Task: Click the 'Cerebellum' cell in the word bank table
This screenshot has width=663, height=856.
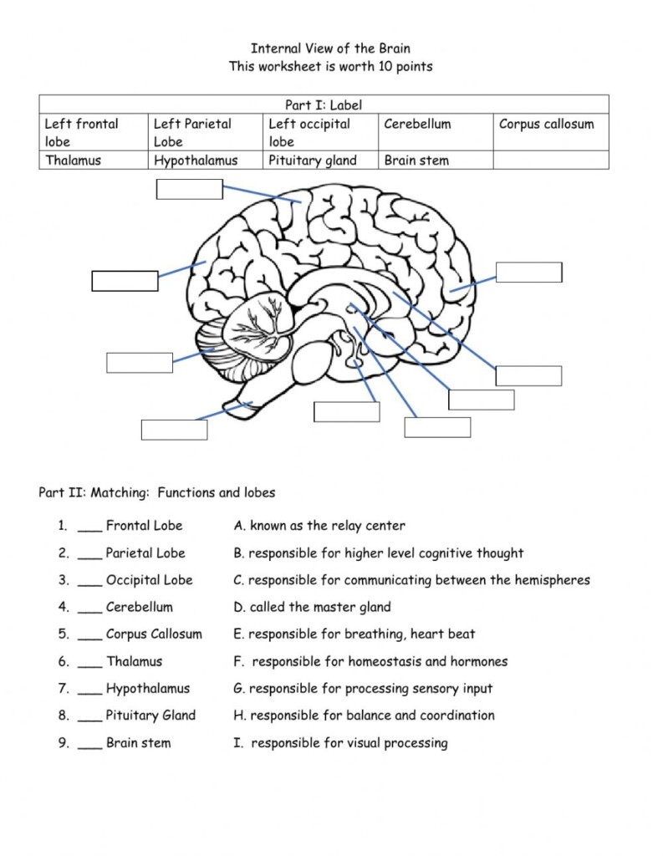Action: pos(417,125)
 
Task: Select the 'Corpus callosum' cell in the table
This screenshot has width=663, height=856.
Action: pos(546,125)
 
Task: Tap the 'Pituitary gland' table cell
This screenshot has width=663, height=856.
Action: pos(312,160)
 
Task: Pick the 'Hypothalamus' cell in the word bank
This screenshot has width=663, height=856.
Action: pos(196,160)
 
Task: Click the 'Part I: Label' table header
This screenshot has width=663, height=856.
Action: pos(324,105)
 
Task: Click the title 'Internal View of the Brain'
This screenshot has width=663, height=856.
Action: pos(330,48)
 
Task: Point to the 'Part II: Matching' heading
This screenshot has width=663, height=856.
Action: pos(157,492)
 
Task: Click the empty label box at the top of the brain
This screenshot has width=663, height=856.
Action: pos(190,190)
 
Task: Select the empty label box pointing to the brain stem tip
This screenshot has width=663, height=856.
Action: pos(174,430)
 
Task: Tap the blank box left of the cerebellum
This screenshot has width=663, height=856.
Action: pos(140,362)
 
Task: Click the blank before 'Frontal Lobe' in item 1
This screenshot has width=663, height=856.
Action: pos(89,527)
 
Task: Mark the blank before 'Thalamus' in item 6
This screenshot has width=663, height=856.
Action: pos(89,662)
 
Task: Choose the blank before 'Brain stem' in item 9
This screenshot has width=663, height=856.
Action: pos(89,743)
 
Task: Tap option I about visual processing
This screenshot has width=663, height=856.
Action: pos(340,743)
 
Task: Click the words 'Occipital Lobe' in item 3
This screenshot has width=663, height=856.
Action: pos(149,580)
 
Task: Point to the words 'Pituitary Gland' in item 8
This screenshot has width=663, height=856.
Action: pos(150,716)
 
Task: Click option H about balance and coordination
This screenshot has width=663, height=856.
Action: pos(364,716)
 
